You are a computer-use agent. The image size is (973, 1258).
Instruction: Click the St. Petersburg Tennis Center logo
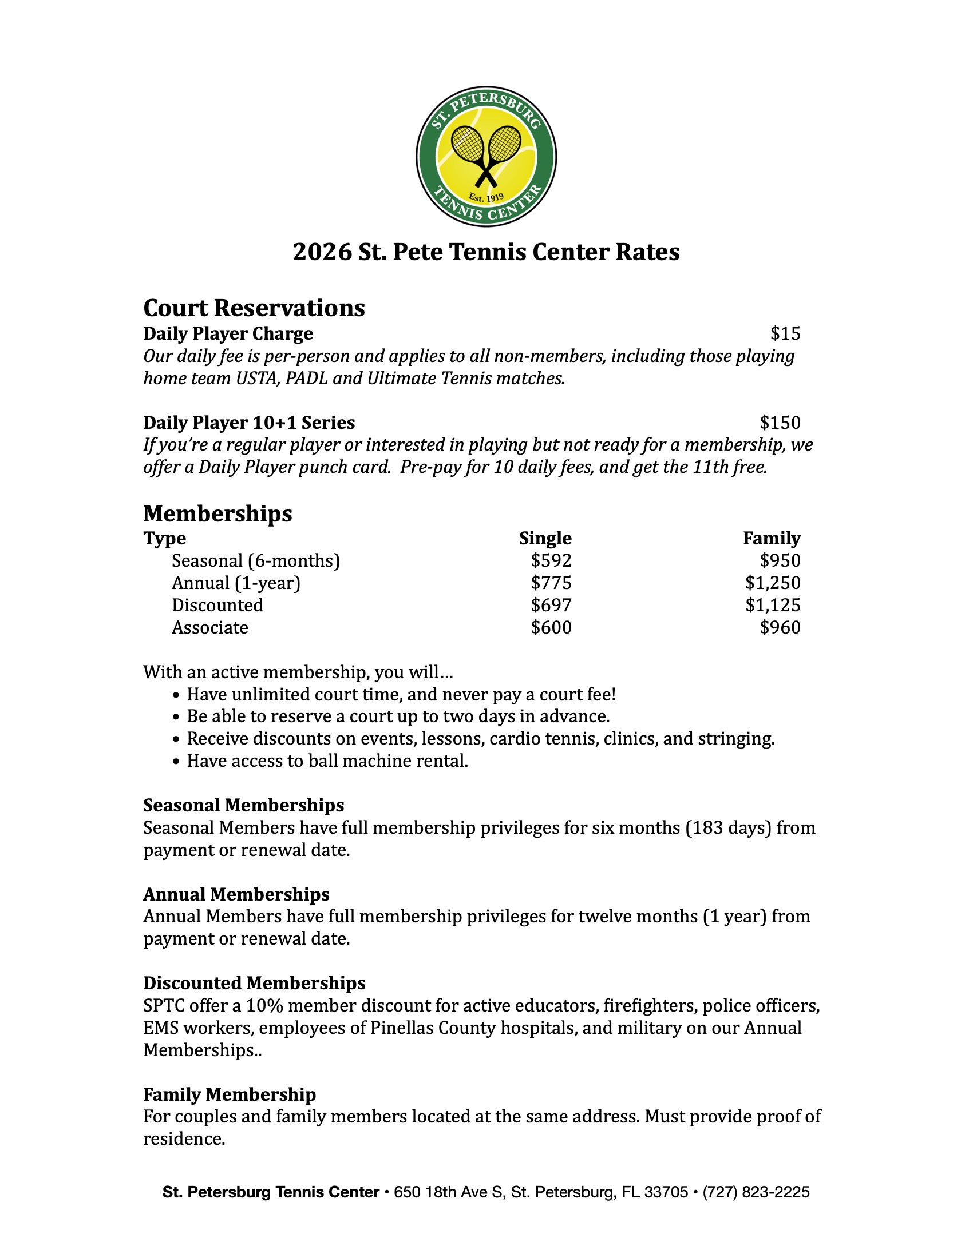486,156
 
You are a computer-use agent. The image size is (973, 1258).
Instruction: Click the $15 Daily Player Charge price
785,333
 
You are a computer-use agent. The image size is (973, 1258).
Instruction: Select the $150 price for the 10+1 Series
780,422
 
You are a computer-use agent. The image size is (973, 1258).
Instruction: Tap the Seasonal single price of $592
551,560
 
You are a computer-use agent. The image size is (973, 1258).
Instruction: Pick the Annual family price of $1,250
773,583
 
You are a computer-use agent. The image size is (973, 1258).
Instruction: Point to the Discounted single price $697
551,605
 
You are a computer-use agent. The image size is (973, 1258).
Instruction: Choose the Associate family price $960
780,627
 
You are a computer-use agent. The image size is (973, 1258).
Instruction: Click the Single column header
545,538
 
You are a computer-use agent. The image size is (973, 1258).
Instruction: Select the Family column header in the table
772,538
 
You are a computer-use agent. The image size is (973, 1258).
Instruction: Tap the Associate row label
210,627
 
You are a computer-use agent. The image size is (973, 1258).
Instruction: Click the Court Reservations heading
254,308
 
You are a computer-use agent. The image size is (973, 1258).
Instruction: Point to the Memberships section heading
217,513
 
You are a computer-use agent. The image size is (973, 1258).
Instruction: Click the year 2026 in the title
322,252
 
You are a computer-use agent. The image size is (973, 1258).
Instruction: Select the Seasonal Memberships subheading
243,805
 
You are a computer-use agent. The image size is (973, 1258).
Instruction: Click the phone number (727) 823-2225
756,1192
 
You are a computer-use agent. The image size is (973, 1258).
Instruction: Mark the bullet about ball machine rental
327,761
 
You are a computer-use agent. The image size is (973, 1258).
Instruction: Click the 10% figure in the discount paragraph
264,1005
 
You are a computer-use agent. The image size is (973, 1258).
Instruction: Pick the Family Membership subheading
230,1094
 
